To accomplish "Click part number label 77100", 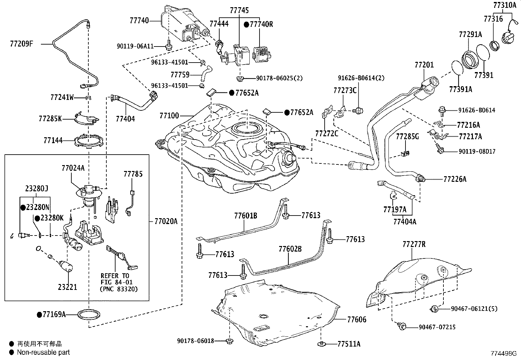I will tap(169, 116).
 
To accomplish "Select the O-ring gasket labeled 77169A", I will tap(89, 315).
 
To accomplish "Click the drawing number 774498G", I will tap(503, 353).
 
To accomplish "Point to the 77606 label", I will tap(357, 319).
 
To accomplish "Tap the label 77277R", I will tap(414, 244).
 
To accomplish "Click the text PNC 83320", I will tap(119, 289).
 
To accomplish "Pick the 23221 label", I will tap(67, 287).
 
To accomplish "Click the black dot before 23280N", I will tap(23, 208).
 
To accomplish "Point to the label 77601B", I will tap(245, 216).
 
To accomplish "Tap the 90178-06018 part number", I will tap(195, 341).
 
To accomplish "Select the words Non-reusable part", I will tap(43, 352).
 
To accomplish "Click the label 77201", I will tap(424, 65).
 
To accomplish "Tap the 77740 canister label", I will tap(139, 21).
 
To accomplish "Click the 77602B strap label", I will tap(290, 249).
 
